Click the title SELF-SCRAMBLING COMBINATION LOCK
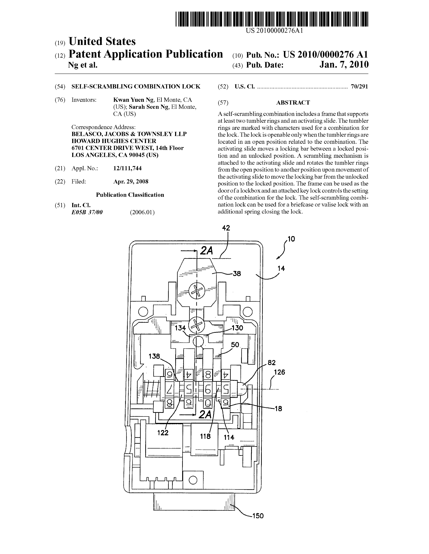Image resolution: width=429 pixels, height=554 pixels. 136,87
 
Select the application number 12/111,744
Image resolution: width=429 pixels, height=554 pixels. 127,168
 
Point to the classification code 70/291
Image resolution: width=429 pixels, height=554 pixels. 359,87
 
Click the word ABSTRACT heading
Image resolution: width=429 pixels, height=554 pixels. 293,102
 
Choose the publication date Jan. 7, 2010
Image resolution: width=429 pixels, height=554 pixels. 344,65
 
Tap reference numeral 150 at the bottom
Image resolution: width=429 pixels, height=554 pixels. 258,516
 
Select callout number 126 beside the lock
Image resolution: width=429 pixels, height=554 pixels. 279,372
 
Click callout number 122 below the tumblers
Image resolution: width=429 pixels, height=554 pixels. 163,433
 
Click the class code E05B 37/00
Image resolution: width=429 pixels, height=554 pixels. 87,212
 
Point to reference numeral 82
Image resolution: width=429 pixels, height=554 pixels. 271,362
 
